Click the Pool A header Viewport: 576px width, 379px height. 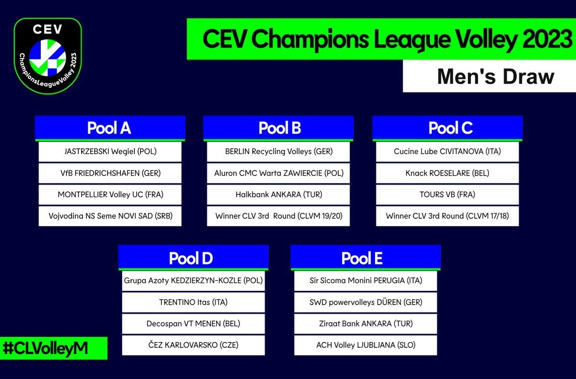pyautogui.click(x=109, y=128)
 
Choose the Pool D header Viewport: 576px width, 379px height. pyautogui.click(x=191, y=258)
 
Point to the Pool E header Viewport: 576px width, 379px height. pyautogui.click(x=362, y=258)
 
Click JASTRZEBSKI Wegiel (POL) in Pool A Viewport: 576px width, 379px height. pyautogui.click(x=110, y=152)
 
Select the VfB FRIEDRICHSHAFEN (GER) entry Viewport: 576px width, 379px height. pyautogui.click(x=110, y=173)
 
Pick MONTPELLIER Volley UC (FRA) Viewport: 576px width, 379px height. pyautogui.click(x=110, y=195)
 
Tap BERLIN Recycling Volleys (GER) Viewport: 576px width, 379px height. pyautogui.click(x=279, y=152)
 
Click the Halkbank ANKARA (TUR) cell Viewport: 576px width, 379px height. pyautogui.click(x=279, y=195)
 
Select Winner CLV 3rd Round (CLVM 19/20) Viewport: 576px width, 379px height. pyautogui.click(x=279, y=216)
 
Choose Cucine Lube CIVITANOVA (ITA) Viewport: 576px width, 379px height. pyautogui.click(x=447, y=152)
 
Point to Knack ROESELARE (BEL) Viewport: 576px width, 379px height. pyautogui.click(x=447, y=173)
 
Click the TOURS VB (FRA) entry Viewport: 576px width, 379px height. pyautogui.click(x=447, y=195)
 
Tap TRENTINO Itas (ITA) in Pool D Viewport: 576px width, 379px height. pyautogui.click(x=193, y=302)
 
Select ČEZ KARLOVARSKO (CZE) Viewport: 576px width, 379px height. pyautogui.click(x=193, y=345)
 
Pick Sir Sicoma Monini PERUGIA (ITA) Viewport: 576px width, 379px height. pyautogui.click(x=366, y=281)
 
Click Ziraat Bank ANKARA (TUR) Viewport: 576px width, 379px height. pyautogui.click(x=366, y=324)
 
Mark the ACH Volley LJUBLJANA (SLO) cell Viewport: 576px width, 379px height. pyautogui.click(x=366, y=345)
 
